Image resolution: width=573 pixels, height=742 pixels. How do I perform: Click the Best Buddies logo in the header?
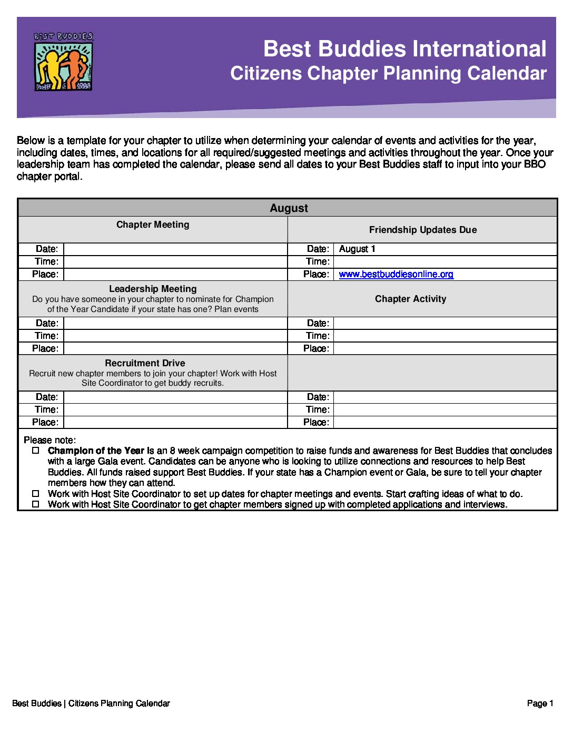[x=63, y=61]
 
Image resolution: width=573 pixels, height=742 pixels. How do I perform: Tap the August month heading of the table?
[x=289, y=208]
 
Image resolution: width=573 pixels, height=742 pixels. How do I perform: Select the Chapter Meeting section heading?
[x=153, y=224]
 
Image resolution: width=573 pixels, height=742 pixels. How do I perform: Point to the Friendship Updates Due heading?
[x=422, y=230]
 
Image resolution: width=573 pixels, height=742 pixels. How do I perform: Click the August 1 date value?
[x=357, y=249]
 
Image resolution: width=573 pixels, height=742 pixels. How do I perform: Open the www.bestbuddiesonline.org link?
[x=396, y=274]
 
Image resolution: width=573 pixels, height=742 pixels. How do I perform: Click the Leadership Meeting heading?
[x=153, y=289]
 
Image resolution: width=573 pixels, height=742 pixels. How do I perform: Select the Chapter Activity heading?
[x=410, y=299]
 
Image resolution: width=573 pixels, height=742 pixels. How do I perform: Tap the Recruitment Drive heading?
[x=145, y=363]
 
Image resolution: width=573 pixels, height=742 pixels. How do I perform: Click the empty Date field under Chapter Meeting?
[x=175, y=249]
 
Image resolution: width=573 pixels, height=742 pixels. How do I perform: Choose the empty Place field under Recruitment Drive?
[x=175, y=422]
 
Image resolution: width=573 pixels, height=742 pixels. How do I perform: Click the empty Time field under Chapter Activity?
[x=445, y=336]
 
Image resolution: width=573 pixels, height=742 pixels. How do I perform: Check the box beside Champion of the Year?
[x=36, y=451]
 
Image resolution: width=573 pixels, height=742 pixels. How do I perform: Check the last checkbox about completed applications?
[x=36, y=504]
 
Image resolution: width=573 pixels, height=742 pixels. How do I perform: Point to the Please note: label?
[x=50, y=440]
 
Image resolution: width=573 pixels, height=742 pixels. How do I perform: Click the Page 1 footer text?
[x=540, y=703]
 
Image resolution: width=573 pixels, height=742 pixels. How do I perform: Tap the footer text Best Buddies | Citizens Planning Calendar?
[x=91, y=703]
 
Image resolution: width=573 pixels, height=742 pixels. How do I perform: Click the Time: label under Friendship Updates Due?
[x=318, y=261]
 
